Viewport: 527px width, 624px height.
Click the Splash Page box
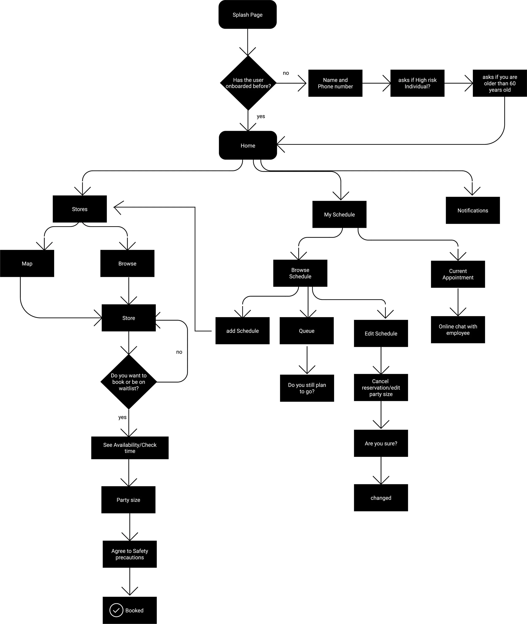pyautogui.click(x=247, y=15)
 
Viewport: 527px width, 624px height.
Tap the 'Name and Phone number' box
pyautogui.click(x=335, y=83)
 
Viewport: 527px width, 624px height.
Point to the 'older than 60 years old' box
pyautogui.click(x=500, y=83)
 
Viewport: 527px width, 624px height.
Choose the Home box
pyautogui.click(x=248, y=145)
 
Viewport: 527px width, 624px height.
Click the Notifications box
pyautogui.click(x=473, y=210)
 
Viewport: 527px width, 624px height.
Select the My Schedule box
pyautogui.click(x=339, y=214)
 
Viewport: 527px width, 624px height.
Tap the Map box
pyautogui.click(x=27, y=263)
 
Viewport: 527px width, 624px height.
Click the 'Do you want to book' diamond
pyautogui.click(x=128, y=382)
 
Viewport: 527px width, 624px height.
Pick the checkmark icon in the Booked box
pyautogui.click(x=116, y=610)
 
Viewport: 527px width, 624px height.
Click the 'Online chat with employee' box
pyautogui.click(x=458, y=329)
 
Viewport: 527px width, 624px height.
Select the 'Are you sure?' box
pyautogui.click(x=381, y=443)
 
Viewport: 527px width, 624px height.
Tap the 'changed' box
pyautogui.click(x=381, y=498)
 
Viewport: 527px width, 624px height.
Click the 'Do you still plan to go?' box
pyautogui.click(x=307, y=388)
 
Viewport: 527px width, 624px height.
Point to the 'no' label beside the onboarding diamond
pyautogui.click(x=286, y=73)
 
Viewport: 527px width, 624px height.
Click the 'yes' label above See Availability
pyautogui.click(x=122, y=417)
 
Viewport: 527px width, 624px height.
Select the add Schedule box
pyautogui.click(x=242, y=331)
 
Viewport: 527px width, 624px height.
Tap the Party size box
pyautogui.click(x=128, y=500)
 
